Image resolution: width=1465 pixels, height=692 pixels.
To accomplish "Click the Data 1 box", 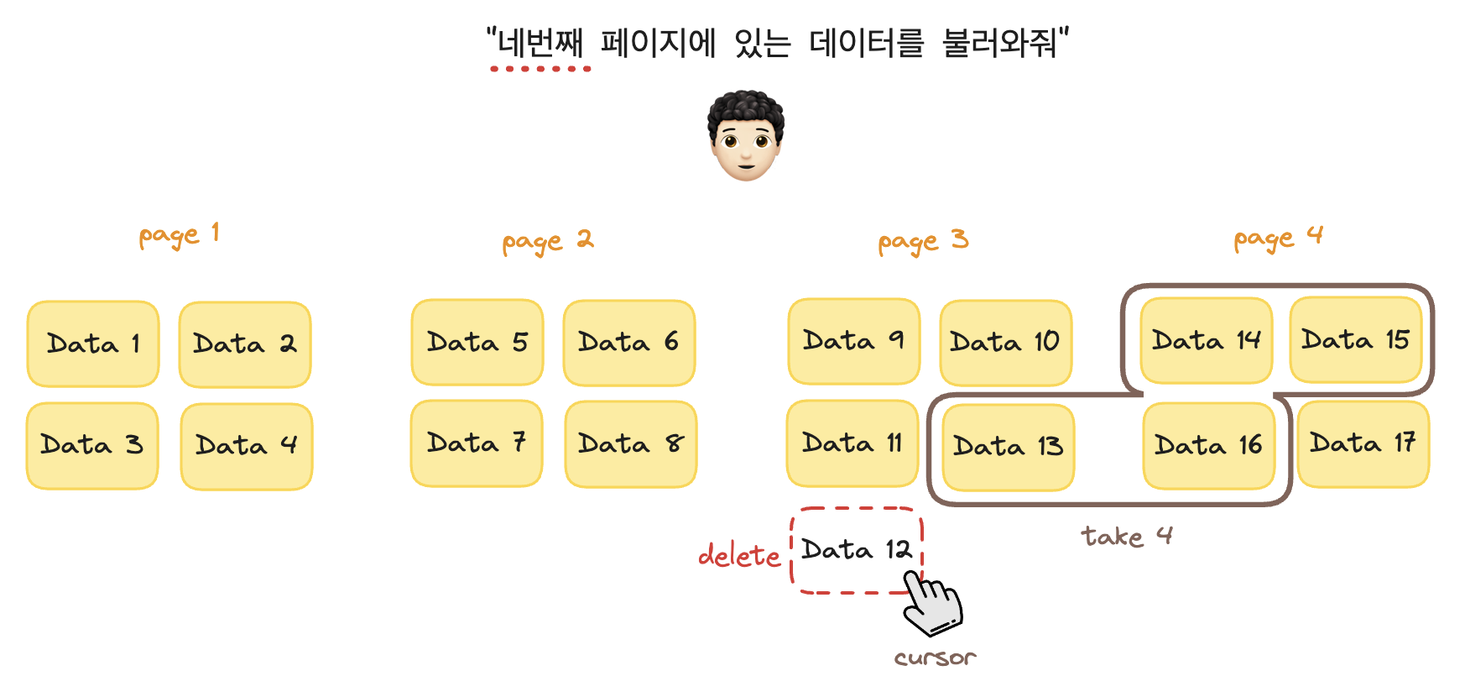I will [93, 343].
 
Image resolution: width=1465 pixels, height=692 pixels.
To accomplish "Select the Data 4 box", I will [246, 445].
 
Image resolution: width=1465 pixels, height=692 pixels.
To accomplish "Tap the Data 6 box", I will [628, 343].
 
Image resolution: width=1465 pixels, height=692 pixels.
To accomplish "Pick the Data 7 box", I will [477, 443].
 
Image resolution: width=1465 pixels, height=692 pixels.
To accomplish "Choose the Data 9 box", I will [853, 341].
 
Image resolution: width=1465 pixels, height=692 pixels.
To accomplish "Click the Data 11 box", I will [852, 443].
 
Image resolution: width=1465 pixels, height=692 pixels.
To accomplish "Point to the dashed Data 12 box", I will [856, 550].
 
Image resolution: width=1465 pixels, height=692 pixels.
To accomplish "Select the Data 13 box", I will [1008, 447].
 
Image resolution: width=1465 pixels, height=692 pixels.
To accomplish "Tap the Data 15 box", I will [1355, 340].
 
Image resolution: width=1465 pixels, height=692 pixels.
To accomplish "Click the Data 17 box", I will [1363, 443].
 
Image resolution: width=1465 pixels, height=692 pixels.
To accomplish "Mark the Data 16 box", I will [1208, 446].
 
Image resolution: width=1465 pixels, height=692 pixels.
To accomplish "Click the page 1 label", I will [179, 235].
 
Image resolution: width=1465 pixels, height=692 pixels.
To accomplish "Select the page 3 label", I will [923, 242].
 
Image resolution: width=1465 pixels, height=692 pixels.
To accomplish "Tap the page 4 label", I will [1278, 239].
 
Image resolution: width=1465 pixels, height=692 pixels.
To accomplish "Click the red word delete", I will [739, 556].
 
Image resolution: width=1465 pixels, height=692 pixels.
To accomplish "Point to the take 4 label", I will [1126, 536].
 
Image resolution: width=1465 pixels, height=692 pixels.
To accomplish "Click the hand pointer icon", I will [932, 603].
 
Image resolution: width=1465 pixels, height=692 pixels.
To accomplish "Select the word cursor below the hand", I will [935, 658].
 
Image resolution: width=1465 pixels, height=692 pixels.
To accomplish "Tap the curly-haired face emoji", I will [745, 136].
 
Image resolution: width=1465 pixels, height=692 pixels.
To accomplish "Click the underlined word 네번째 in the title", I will [540, 42].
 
